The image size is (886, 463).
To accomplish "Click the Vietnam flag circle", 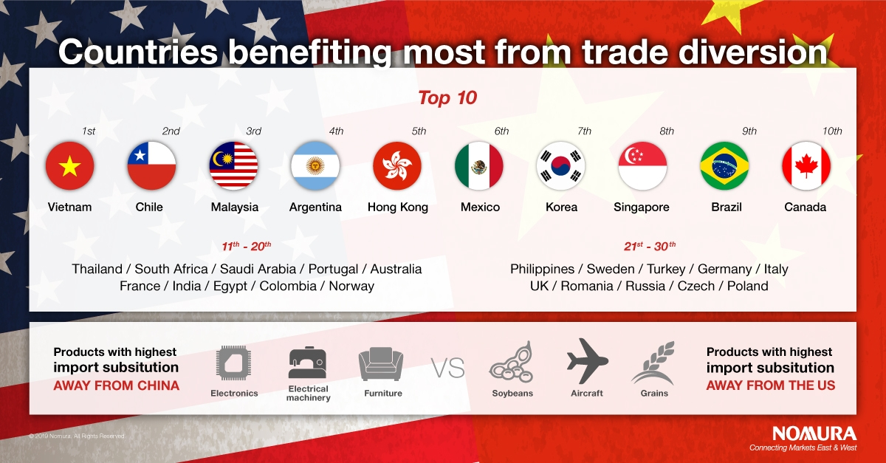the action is pos(70,165).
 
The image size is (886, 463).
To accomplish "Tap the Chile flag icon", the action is pos(152,165).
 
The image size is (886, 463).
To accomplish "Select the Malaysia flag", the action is pos(234,165).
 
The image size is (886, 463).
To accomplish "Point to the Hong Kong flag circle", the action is pos(397,165).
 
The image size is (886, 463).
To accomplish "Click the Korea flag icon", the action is pos(561,165).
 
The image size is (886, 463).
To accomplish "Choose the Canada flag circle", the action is pos(806,165).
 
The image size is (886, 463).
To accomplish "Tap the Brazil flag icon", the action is pos(724,165).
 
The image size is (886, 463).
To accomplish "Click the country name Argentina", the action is pos(315,208).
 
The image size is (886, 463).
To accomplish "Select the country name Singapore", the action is pos(641,208).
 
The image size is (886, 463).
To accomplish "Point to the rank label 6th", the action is pos(501,131).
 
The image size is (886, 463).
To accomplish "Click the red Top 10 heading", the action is pos(447,97).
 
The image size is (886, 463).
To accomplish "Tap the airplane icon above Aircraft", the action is pos(588,361).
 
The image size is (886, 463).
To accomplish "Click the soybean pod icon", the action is pos(512,361).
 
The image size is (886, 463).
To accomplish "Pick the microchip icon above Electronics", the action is pos(234,363).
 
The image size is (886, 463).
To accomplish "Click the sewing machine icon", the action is pos(308,363).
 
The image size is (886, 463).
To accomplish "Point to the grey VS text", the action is pos(447,368).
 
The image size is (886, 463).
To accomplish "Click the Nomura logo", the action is pos(814,433).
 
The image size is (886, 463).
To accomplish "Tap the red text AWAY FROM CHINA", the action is pos(117,385).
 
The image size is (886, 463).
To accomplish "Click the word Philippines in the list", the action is pos(542,270).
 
